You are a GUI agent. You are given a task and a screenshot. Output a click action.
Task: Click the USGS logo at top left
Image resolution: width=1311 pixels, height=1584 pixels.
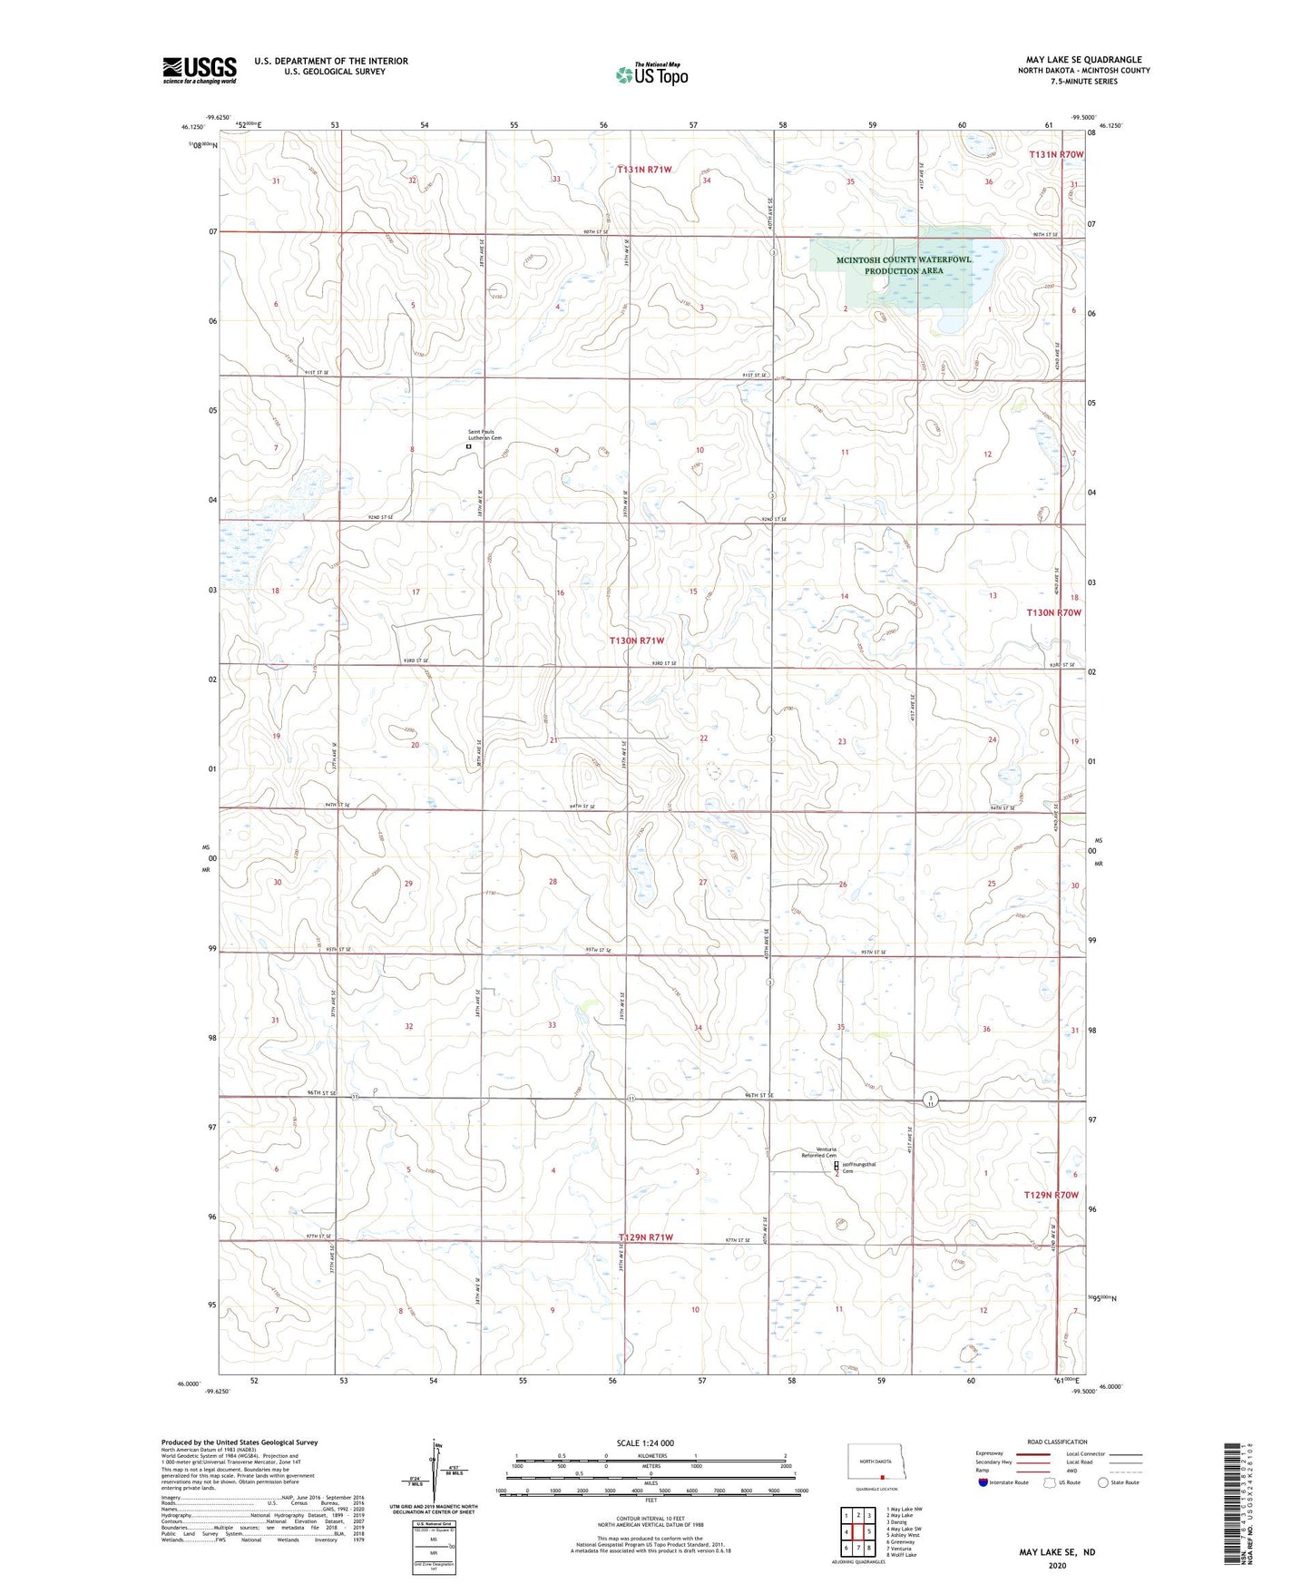click(x=200, y=70)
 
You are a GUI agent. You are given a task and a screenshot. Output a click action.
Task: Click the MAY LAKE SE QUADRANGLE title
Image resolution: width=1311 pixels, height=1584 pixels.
click(x=1083, y=60)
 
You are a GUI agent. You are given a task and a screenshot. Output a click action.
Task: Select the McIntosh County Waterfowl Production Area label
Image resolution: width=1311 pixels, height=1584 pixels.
click(x=904, y=265)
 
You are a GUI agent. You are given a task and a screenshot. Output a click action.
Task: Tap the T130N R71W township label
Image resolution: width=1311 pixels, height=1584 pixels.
click(x=642, y=640)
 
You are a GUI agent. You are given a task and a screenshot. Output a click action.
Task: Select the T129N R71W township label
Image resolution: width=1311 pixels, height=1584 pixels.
click(x=645, y=1237)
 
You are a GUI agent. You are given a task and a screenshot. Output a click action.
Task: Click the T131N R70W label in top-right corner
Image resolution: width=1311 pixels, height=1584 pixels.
click(x=1056, y=155)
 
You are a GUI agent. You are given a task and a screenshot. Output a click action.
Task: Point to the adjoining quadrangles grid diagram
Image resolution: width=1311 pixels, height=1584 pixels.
click(x=857, y=1532)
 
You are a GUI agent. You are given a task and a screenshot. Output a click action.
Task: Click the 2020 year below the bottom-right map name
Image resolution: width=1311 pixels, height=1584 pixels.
click(x=1056, y=1565)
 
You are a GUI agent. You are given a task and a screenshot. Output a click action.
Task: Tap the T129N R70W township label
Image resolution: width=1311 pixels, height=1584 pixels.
click(x=1052, y=1195)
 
